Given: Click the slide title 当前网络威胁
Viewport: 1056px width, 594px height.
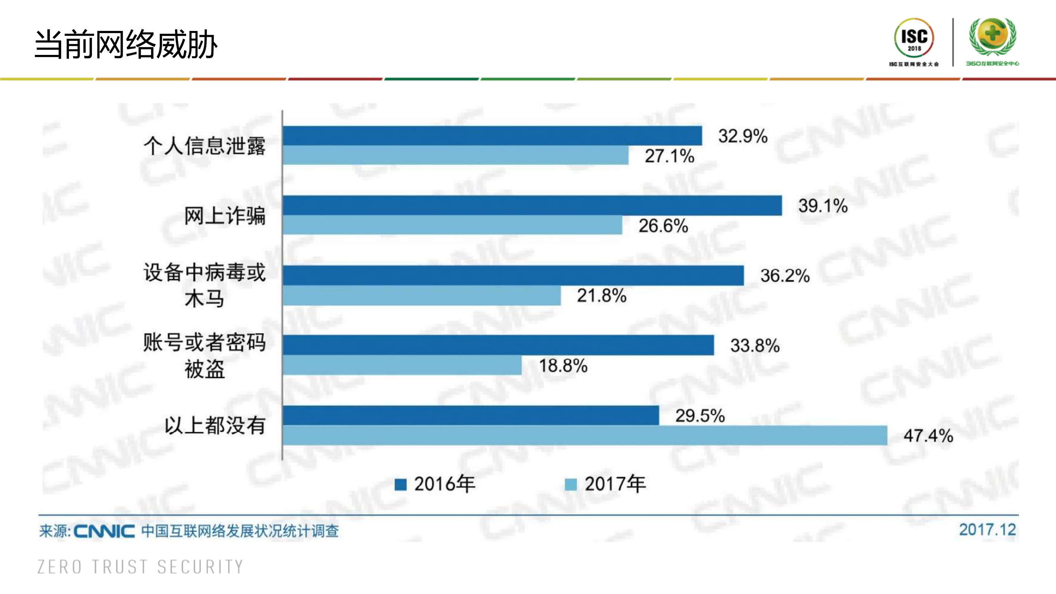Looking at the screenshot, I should click(x=126, y=44).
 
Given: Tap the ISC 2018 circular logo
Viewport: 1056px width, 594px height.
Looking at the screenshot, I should click(x=914, y=38).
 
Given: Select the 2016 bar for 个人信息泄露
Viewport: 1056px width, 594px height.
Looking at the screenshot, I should click(x=492, y=136).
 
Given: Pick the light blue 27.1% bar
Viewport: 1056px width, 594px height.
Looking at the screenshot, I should click(x=456, y=155).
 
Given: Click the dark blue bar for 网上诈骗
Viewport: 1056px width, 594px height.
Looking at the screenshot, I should click(x=532, y=206).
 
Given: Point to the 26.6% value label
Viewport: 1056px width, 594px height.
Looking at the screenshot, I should click(x=663, y=226).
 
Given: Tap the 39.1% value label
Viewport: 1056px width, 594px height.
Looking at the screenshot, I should click(x=823, y=206).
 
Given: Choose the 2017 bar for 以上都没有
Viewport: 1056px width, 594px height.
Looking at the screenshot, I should click(x=585, y=435).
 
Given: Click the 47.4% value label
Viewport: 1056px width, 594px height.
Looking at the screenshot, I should click(x=928, y=435).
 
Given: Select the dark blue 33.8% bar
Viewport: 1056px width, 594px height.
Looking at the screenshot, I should click(x=498, y=345).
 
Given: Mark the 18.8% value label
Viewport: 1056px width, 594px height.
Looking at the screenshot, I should click(x=563, y=366).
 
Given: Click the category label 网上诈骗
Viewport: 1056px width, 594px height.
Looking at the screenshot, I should click(x=224, y=216).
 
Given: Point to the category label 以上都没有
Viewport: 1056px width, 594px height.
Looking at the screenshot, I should click(x=215, y=426).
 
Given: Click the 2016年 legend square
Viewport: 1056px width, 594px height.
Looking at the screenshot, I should click(x=400, y=484).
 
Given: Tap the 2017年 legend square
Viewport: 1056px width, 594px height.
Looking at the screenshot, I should click(x=570, y=484).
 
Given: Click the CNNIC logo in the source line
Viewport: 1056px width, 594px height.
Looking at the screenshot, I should click(x=104, y=531).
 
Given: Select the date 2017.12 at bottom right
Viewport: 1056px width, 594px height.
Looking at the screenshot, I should click(x=987, y=530).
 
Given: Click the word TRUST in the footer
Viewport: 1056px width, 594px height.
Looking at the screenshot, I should click(x=120, y=567).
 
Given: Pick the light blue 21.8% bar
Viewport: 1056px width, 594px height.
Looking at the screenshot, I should click(x=422, y=296).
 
